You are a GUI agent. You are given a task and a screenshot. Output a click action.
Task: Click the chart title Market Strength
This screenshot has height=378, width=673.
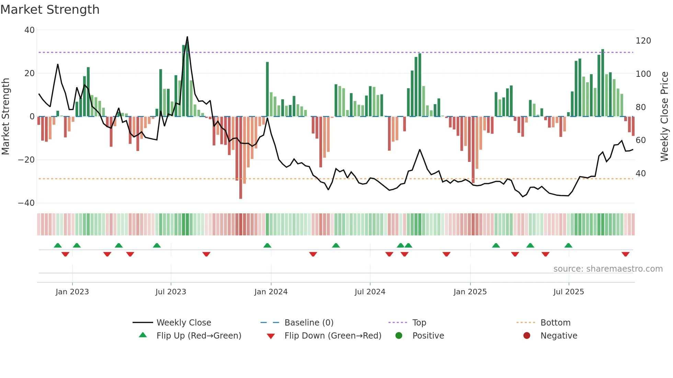pos(50,10)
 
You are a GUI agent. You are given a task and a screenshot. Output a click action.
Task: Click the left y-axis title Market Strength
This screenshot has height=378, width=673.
pos(5,116)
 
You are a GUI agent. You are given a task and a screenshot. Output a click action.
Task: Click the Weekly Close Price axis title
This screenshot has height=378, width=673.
pos(664,116)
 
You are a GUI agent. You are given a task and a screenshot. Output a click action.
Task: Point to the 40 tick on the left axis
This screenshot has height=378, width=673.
pos(30,30)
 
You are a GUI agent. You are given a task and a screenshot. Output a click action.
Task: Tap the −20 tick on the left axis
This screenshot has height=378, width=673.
pos(26,160)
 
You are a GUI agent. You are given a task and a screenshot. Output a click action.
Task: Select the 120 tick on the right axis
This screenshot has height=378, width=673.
pos(643,41)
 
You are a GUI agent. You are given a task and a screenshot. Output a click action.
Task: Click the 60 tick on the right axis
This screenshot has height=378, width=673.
pos(641,140)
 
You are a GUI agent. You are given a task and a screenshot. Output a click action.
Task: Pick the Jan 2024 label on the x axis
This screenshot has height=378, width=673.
pos(271,292)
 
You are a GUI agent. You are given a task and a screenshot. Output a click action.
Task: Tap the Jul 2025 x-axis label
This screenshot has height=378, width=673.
pos(569,292)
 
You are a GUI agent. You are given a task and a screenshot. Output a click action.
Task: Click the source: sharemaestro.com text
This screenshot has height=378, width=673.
pos(608,269)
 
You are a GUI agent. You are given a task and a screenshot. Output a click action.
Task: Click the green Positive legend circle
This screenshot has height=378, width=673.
pos(399,335)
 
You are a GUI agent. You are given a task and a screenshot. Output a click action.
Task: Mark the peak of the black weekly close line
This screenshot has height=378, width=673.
pos(187,37)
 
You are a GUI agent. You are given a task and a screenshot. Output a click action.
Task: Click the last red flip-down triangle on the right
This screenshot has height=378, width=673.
pos(625,254)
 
